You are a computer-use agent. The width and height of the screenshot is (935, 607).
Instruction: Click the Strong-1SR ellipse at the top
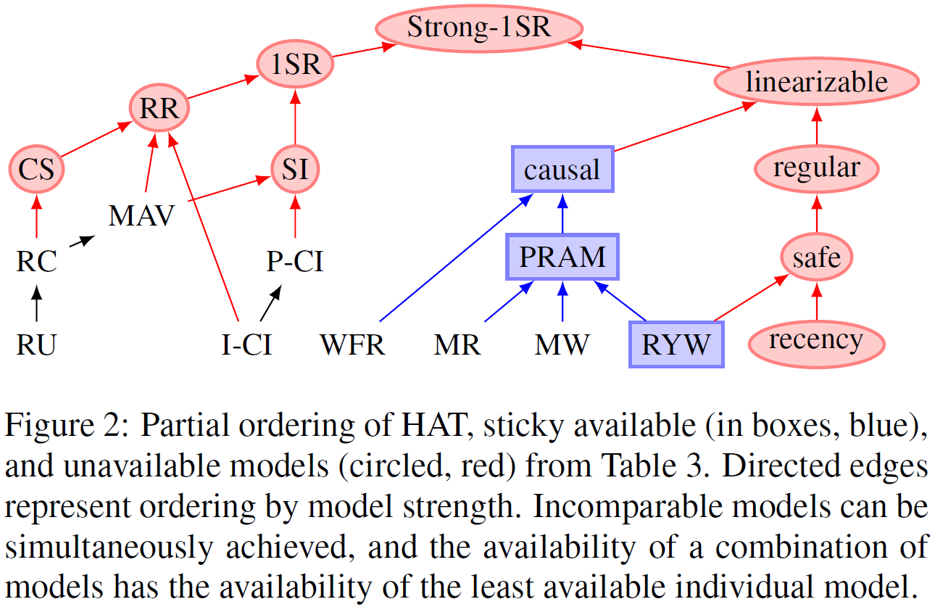(479, 28)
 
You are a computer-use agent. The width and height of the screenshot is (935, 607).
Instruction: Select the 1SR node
(295, 65)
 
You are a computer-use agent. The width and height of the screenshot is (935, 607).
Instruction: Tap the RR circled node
(159, 110)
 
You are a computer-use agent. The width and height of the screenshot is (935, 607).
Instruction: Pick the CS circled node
(36, 170)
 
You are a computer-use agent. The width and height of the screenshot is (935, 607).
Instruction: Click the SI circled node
(295, 170)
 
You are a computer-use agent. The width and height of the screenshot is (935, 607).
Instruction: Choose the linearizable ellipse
(816, 82)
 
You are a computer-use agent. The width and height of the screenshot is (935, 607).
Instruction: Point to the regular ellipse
(816, 169)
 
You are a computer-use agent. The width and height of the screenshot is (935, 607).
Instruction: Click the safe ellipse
(816, 257)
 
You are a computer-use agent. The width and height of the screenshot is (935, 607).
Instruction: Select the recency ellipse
(816, 341)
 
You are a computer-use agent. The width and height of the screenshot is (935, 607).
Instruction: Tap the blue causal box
(562, 170)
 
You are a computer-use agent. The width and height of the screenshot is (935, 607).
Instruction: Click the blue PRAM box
(562, 257)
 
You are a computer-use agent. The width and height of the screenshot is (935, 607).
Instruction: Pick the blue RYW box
(676, 344)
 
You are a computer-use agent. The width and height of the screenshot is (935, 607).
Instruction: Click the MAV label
(141, 215)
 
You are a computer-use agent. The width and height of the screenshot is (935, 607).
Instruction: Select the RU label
(36, 345)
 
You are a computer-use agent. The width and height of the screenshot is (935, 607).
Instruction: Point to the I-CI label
(246, 345)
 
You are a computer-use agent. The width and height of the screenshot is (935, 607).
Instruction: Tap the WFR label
(353, 345)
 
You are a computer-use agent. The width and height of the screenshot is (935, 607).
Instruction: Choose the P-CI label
(295, 260)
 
